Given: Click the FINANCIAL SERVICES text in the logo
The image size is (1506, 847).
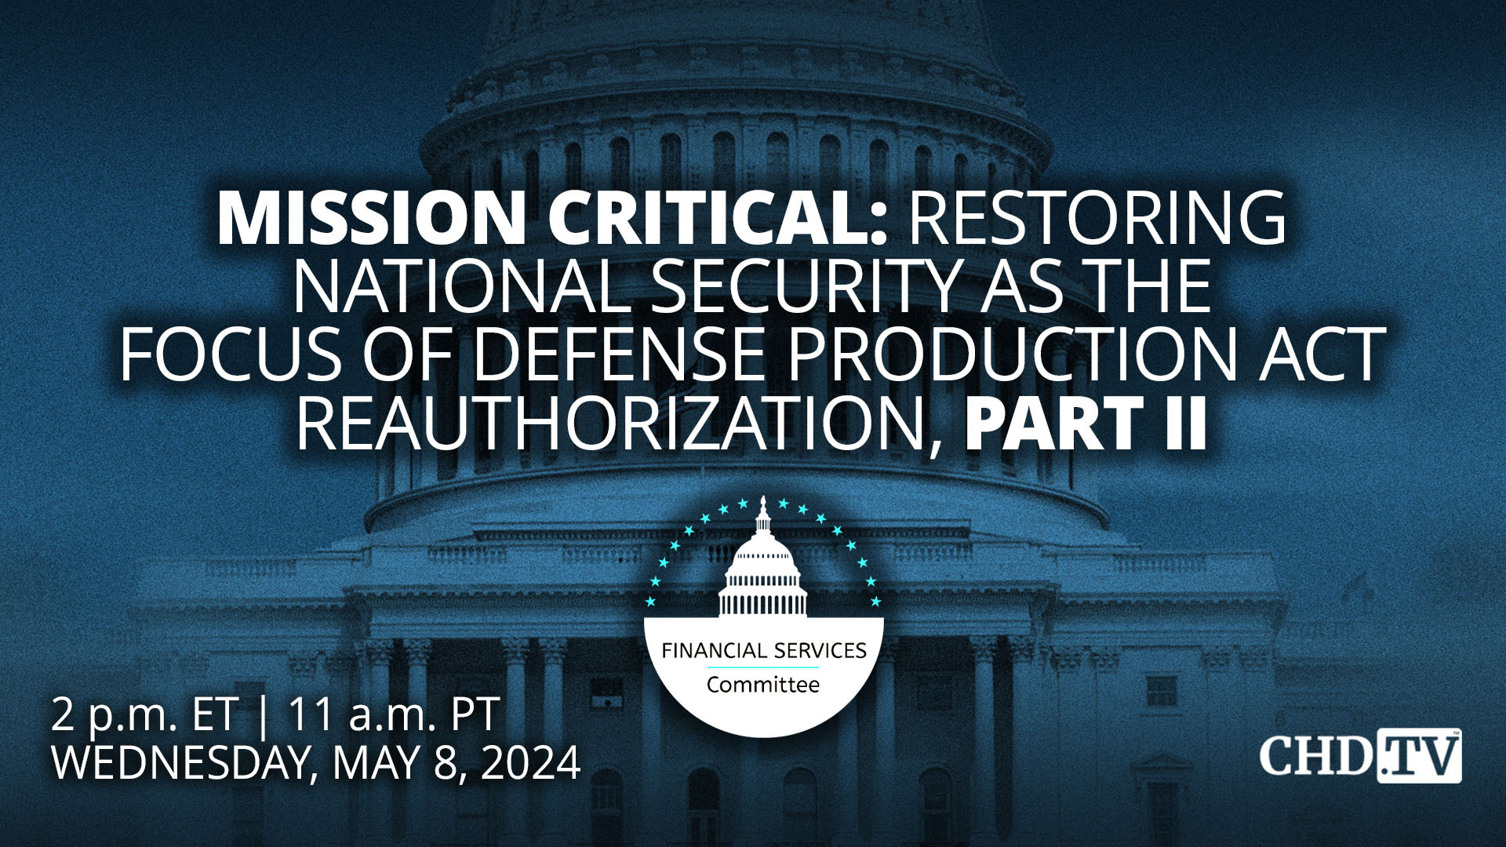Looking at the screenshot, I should click(764, 651).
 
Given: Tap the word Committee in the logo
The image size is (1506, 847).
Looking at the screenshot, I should click(763, 685).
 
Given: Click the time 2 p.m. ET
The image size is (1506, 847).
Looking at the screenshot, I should click(144, 715).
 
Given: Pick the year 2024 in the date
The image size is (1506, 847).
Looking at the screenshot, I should click(530, 762).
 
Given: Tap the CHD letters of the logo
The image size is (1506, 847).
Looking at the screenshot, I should click(1316, 755).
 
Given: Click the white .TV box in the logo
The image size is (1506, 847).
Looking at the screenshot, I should click(1419, 756).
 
